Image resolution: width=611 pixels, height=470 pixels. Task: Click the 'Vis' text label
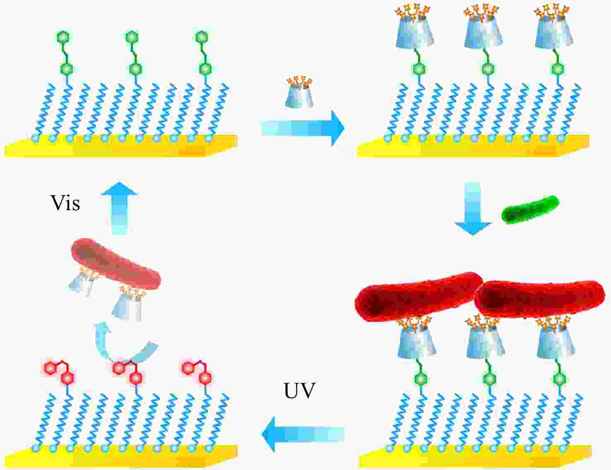pos(65,203)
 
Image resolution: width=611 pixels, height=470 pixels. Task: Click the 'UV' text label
pos(299,391)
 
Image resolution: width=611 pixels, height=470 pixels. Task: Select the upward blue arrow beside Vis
pos(120,208)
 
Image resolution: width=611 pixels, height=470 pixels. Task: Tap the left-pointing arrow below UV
pos(303,434)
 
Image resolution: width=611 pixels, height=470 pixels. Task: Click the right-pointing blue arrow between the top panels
pos(303,128)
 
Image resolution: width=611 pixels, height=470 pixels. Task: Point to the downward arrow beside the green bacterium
pos(473,208)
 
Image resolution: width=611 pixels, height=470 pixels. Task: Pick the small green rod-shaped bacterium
pos(530,210)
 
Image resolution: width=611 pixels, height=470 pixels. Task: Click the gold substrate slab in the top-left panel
pos(121,146)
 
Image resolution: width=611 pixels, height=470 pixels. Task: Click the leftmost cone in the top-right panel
pos(415,30)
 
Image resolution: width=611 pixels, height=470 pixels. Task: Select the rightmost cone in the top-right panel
pos(554,30)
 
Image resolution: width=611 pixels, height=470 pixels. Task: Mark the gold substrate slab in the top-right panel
pos(474,146)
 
